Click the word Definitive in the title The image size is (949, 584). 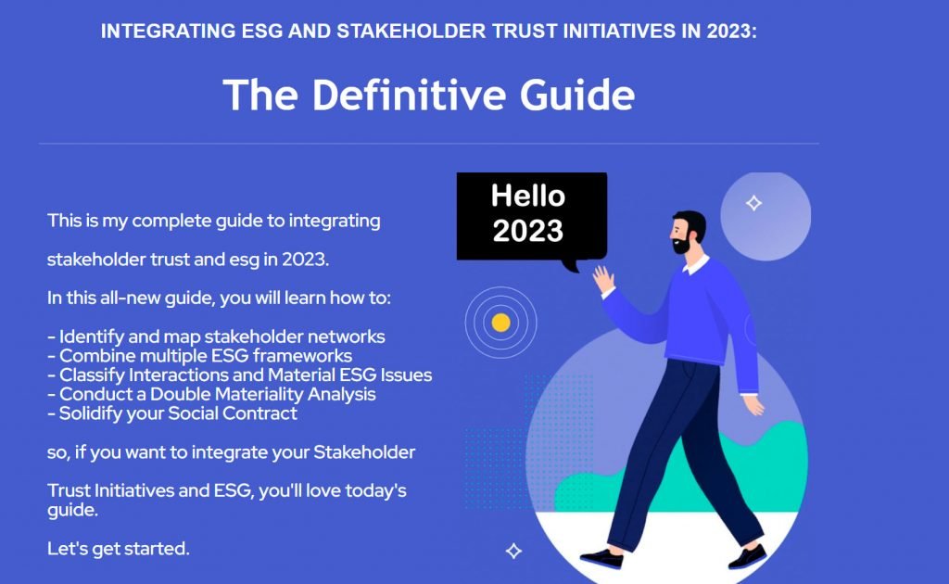(409, 95)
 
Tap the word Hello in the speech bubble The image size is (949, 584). (527, 196)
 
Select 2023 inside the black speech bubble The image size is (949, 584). (527, 231)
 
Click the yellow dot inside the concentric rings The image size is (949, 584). (500, 323)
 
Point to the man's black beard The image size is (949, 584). (682, 245)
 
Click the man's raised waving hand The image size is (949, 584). (603, 280)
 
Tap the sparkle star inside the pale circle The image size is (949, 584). (753, 203)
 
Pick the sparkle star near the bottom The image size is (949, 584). (513, 551)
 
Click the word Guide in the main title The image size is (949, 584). (576, 95)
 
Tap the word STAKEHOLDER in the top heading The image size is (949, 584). (411, 31)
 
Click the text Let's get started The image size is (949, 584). (119, 548)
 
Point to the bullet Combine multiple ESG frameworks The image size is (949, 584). (200, 355)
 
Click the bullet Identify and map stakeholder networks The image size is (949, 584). (216, 336)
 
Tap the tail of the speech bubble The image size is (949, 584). (571, 265)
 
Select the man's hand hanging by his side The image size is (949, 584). (754, 405)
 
